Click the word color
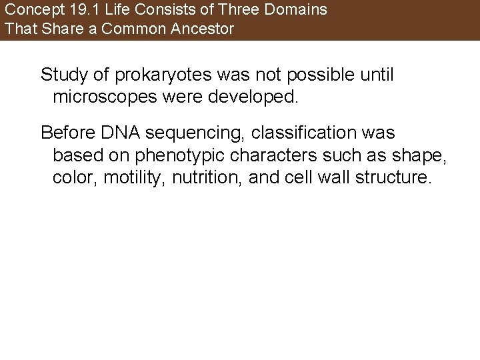click(x=71, y=179)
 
